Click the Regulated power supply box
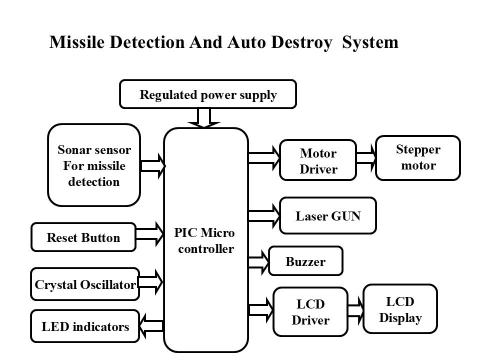point(207,94)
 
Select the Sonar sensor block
point(93,165)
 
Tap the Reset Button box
point(83,237)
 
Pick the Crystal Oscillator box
point(85,284)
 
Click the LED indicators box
point(84,327)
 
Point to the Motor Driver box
point(318,160)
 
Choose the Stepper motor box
point(418,157)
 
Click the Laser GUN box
point(327,216)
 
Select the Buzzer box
point(305,261)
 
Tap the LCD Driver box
point(310,312)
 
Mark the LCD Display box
point(400,309)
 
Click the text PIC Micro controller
point(205,241)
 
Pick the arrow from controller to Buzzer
point(258,260)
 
